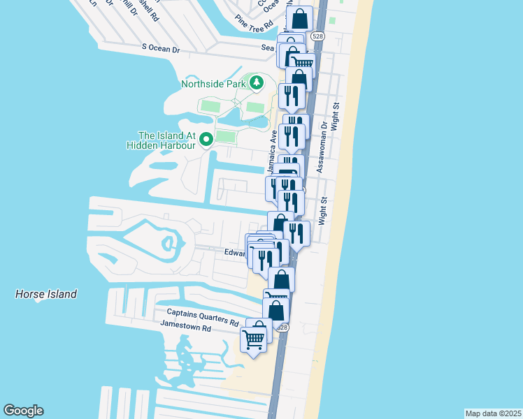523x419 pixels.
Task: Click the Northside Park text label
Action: (213, 84)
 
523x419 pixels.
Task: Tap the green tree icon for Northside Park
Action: (257, 83)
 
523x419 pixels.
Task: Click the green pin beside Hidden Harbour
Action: (206, 140)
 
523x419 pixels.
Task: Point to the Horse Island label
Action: (46, 295)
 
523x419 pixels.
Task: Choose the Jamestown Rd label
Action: (185, 326)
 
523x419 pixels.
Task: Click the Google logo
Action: (23, 411)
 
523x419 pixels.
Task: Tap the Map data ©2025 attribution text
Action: (493, 413)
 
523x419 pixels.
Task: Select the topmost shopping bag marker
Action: (299, 20)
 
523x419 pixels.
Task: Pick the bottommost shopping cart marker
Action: (254, 340)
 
